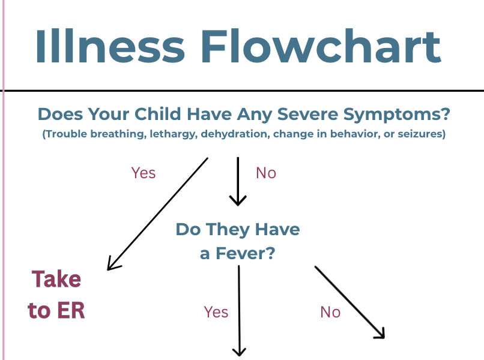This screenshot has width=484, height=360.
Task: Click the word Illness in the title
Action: (x=110, y=46)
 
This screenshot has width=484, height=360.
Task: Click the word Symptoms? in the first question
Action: (x=397, y=115)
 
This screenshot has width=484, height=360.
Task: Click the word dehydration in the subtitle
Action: (x=235, y=134)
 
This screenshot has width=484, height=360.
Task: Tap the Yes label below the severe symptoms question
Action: (x=144, y=173)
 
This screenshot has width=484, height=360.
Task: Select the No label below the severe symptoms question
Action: (x=266, y=173)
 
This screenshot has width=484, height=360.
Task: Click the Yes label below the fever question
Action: (x=216, y=312)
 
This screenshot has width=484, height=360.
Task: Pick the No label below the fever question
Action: (x=330, y=312)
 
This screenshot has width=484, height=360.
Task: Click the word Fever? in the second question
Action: (x=245, y=254)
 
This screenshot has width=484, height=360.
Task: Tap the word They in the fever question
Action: (x=228, y=230)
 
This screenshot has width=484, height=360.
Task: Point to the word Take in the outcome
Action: (x=56, y=279)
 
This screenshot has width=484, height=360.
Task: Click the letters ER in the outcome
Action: (x=71, y=310)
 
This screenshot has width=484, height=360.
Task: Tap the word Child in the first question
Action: (x=158, y=114)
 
